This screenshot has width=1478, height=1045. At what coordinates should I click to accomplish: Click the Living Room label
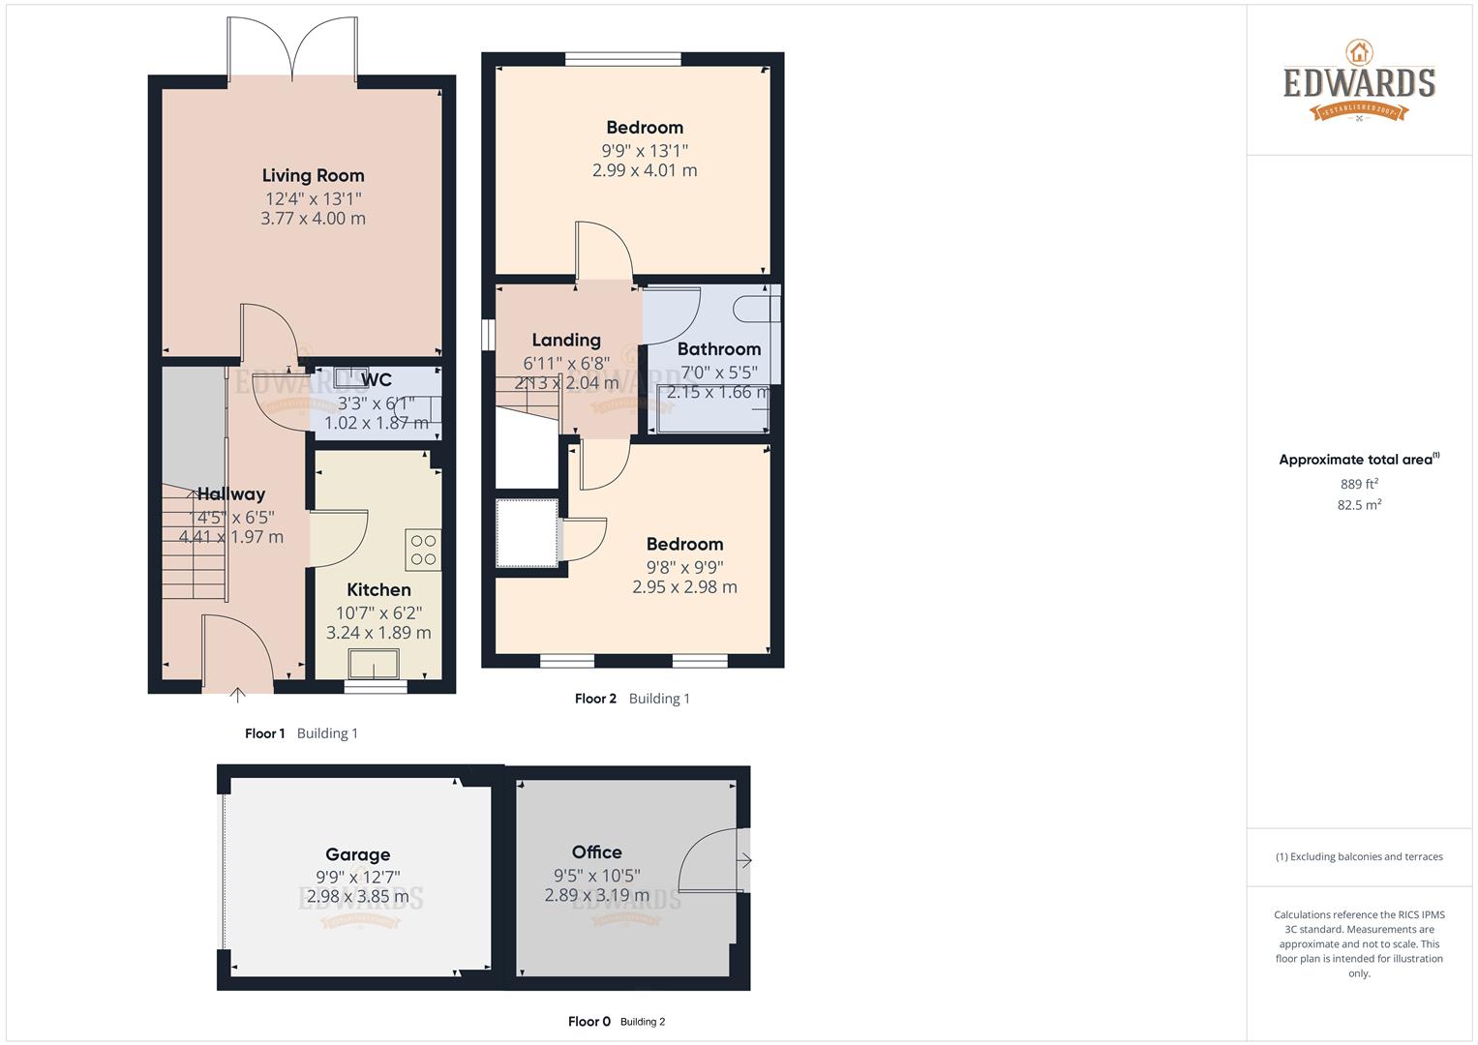[x=313, y=175]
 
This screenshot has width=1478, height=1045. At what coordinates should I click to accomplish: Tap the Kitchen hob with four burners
[x=423, y=550]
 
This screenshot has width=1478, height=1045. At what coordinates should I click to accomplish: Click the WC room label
[x=376, y=379]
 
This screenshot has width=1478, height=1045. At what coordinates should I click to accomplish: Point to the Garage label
[x=357, y=854]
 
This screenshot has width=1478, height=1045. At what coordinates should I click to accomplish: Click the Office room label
[x=596, y=851]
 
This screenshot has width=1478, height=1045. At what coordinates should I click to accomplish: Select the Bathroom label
[x=718, y=348]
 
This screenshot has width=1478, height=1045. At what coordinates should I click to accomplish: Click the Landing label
[x=566, y=340]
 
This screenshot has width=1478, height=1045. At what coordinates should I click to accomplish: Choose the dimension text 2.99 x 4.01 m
[x=645, y=170]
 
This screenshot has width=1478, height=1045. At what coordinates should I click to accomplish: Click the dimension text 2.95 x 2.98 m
[x=684, y=587]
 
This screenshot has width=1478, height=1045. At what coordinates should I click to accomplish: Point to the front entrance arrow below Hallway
[x=238, y=693]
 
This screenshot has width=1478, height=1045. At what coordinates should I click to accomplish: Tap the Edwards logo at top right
[x=1359, y=81]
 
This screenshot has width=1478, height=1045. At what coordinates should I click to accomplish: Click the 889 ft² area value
[x=1359, y=484]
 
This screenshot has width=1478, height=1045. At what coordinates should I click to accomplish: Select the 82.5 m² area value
[x=1359, y=505]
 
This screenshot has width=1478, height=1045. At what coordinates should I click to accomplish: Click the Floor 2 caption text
[x=595, y=699]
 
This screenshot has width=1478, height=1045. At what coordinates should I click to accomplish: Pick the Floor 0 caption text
[x=588, y=1022]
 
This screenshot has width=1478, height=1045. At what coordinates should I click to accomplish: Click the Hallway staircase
[x=195, y=542]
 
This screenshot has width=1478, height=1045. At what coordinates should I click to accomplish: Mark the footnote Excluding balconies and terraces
[x=1359, y=856]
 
